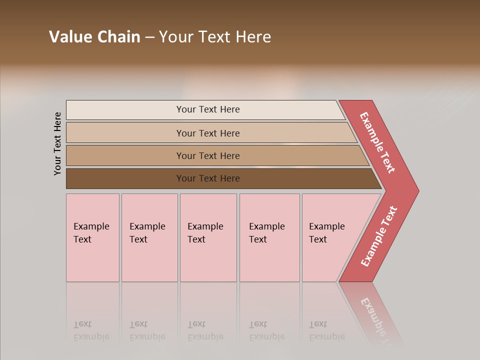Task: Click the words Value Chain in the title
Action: coord(94,37)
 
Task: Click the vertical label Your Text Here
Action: coord(57,143)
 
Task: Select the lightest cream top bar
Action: coord(125,110)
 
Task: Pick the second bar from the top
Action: coord(125,133)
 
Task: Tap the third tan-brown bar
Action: coord(125,155)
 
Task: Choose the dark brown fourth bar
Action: coord(125,178)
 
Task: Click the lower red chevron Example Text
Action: coord(379,236)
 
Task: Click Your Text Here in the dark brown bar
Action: coord(208,178)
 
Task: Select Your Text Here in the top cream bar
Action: coord(208,109)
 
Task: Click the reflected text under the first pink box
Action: coord(91,330)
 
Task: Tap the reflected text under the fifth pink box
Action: coord(326,330)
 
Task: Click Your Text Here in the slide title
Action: coord(215,37)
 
